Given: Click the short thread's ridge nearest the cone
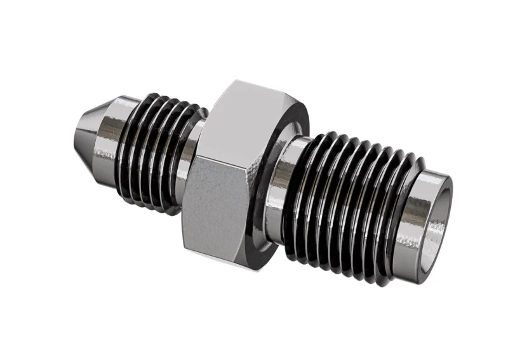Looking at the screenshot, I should (131, 149).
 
